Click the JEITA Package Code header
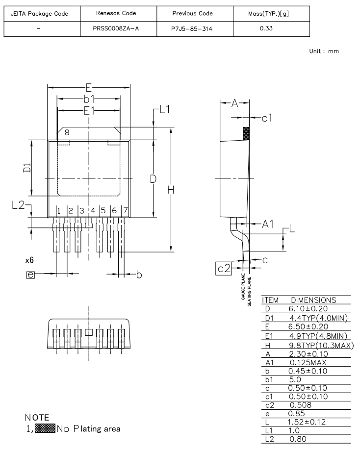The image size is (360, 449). pos(42,13)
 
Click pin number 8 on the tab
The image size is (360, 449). pos(67,132)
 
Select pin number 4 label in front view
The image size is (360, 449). pos(93,211)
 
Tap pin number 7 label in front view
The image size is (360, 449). pos(125,211)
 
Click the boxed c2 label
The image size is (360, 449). pos(224,268)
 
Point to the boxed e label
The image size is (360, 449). pos(30,275)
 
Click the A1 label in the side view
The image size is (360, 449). pos(267,224)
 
